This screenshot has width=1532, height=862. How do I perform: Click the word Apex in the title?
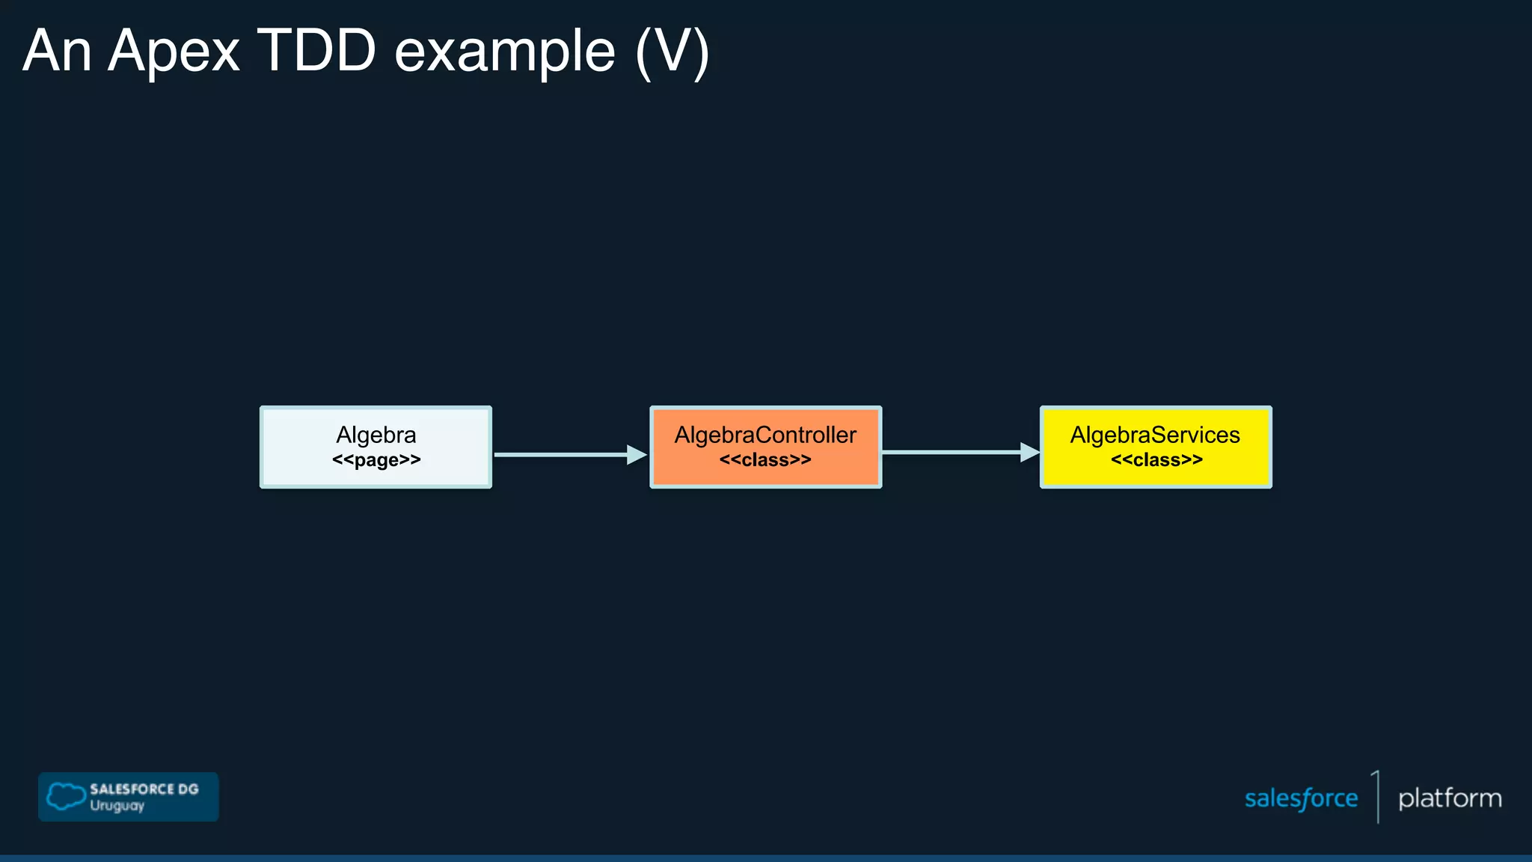click(174, 52)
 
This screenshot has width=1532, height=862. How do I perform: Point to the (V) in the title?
click(672, 52)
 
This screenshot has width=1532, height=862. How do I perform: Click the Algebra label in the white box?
click(376, 435)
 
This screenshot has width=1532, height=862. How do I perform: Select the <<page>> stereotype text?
click(376, 459)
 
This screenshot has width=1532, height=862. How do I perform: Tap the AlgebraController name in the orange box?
click(765, 435)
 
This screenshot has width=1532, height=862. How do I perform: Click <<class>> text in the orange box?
click(765, 459)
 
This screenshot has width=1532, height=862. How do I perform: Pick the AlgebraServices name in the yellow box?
click(1155, 435)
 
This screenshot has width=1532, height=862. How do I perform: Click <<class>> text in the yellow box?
click(1156, 459)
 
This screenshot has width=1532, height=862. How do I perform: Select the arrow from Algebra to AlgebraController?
click(561, 454)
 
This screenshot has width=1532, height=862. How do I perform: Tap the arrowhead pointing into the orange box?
click(637, 454)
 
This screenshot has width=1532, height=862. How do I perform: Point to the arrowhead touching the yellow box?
click(1030, 452)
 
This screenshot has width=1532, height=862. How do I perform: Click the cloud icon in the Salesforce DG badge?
click(66, 796)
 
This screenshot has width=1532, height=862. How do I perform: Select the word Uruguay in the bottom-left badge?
click(117, 806)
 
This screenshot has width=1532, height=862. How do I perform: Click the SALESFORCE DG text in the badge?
click(144, 789)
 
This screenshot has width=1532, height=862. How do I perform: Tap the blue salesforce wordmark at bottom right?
click(1301, 798)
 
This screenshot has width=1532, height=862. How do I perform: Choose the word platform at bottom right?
click(1450, 798)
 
